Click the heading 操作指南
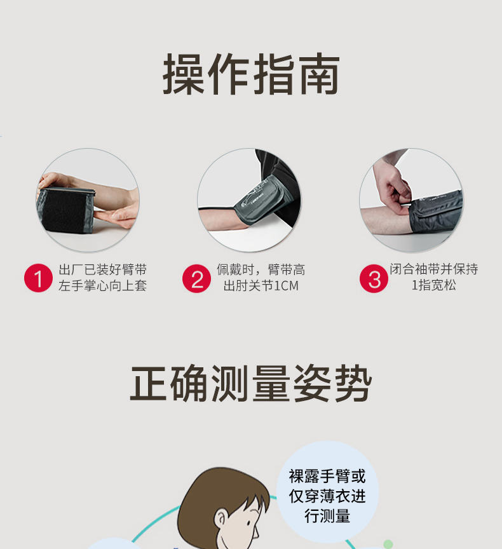click(251, 74)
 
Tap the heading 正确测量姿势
click(250, 383)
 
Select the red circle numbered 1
click(38, 278)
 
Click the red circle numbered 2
click(196, 278)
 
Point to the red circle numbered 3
click(374, 278)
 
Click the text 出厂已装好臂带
click(102, 269)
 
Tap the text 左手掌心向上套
click(102, 286)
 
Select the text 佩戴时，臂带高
click(261, 269)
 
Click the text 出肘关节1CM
click(261, 286)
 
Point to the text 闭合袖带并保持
click(434, 269)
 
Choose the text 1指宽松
click(434, 285)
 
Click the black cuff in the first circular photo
click(65, 210)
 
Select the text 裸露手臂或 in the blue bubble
click(327, 476)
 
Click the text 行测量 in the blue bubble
click(327, 516)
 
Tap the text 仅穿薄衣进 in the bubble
click(327, 496)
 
